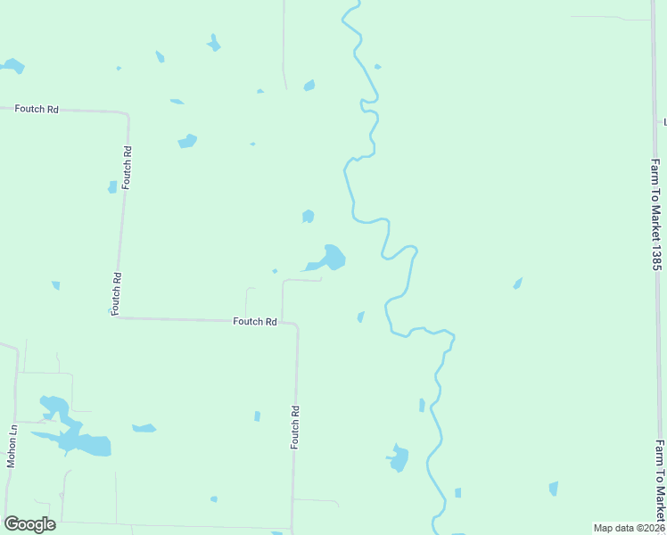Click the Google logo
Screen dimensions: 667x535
pyautogui.click(x=29, y=524)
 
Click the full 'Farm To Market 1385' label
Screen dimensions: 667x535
pyautogui.click(x=655, y=215)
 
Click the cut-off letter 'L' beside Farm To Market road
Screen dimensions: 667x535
pyautogui.click(x=664, y=121)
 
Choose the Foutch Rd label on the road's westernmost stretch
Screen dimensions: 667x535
pyautogui.click(x=36, y=109)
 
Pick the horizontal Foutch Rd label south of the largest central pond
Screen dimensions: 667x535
pyautogui.click(x=254, y=321)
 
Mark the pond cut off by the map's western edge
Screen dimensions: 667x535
pyautogui.click(x=12, y=66)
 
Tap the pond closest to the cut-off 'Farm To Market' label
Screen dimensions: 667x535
pyautogui.click(x=554, y=488)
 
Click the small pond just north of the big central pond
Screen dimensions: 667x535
pyautogui.click(x=308, y=216)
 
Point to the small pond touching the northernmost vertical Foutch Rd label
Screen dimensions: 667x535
pyautogui.click(x=112, y=187)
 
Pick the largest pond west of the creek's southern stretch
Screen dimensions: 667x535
pyautogui.click(x=398, y=457)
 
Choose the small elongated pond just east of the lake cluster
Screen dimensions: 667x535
pyautogui.click(x=144, y=429)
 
